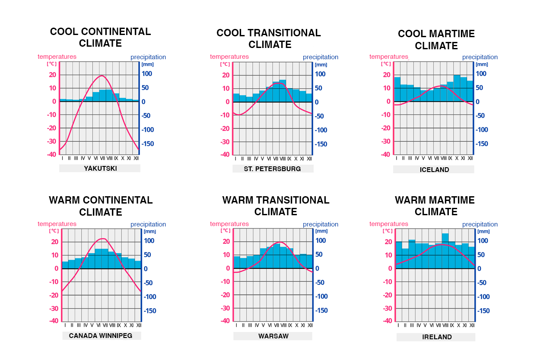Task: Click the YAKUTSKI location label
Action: [x=100, y=168]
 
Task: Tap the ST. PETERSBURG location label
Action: [x=272, y=169]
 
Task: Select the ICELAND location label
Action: [x=434, y=169]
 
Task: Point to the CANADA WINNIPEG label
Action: [x=101, y=335]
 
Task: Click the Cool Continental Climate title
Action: [x=100, y=38]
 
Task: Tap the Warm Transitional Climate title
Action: [x=276, y=206]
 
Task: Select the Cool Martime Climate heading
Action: [x=436, y=39]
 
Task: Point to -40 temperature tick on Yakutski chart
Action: [x=51, y=155]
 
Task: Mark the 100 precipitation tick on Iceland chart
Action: [x=481, y=74]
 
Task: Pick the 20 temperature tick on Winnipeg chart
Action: [x=54, y=242]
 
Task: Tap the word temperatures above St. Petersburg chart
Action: [x=229, y=57]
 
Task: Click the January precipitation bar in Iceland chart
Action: [x=397, y=89]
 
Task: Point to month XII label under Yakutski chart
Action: [x=136, y=158]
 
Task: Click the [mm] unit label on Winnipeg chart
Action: [x=149, y=231]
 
